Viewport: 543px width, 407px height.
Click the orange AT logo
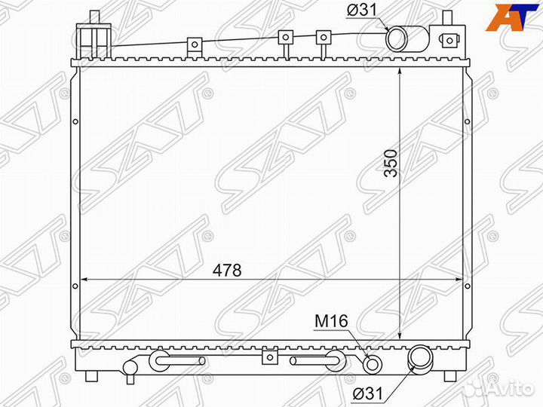pyautogui.click(x=512, y=17)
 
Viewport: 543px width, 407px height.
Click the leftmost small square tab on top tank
pyautogui.click(x=195, y=44)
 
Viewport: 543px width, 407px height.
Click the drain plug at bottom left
pyautogui.click(x=130, y=368)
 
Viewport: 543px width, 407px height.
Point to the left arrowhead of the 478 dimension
pyautogui.click(x=84, y=280)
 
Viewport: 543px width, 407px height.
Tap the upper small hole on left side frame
pyautogui.click(x=75, y=123)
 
